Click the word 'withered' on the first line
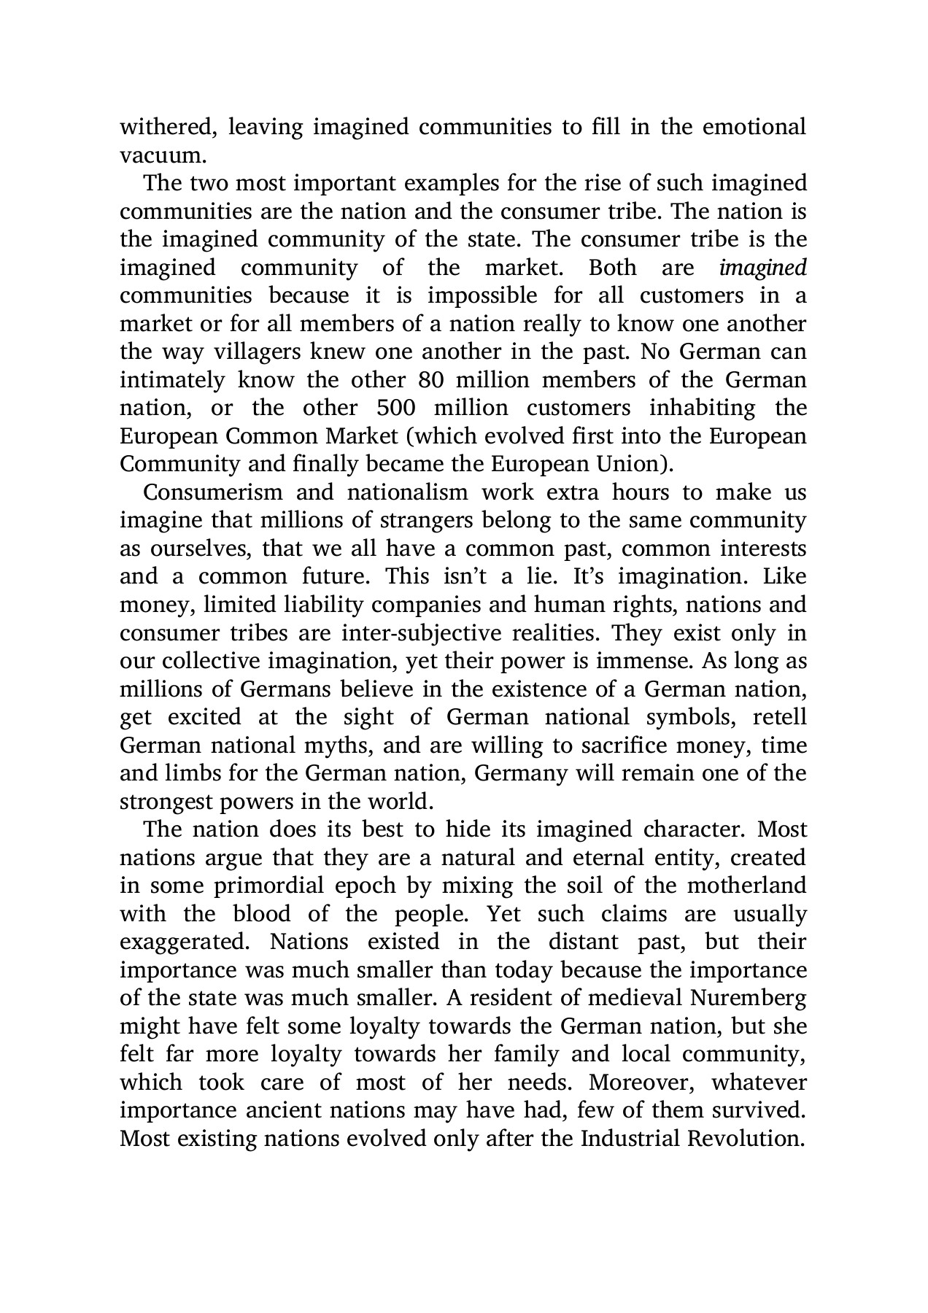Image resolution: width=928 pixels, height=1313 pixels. pyautogui.click(x=167, y=127)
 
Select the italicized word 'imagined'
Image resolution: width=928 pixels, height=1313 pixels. pyautogui.click(x=762, y=268)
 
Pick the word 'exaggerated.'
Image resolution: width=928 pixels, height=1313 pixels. pyautogui.click(x=184, y=942)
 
